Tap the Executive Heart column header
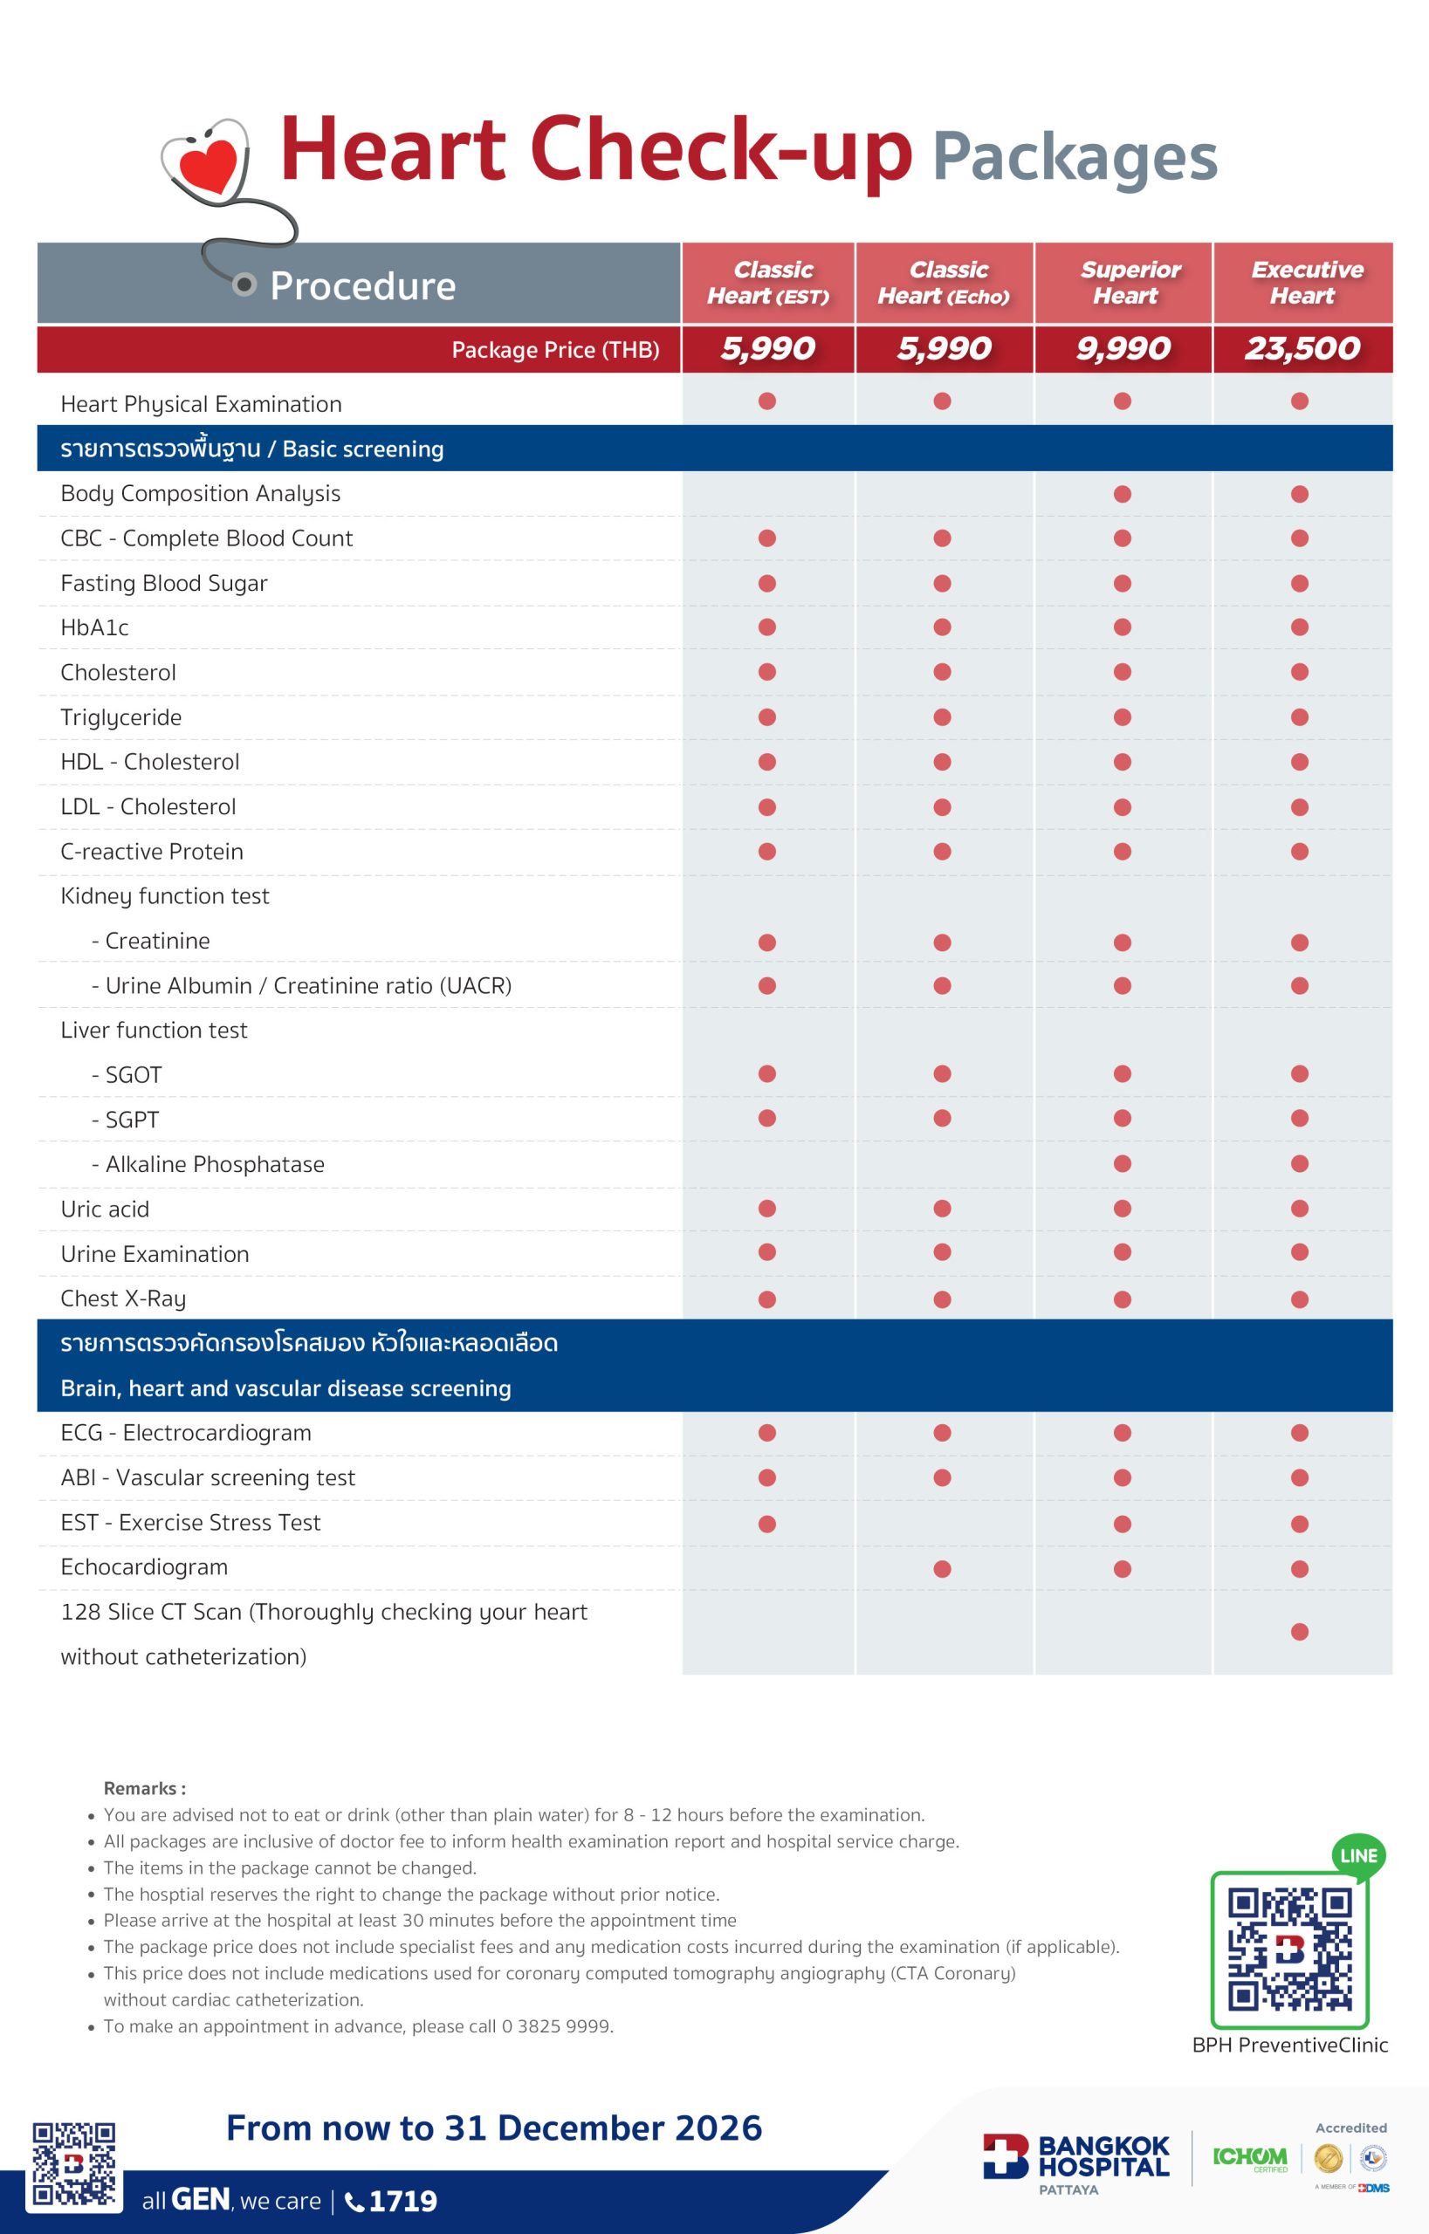pos(1305,283)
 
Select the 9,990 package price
pos(1123,349)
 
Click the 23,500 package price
pos(1302,349)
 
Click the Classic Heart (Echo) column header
pos(945,283)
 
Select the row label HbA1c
pos(94,628)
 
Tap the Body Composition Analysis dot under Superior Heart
pos(1122,494)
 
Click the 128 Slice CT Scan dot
pos(1299,1632)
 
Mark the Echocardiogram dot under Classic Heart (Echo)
pos(942,1569)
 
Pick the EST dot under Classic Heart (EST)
pos(766,1525)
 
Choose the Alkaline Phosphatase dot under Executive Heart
pos(1299,1164)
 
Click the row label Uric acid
pos(105,1210)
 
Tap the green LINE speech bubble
pos(1358,1856)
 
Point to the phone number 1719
pos(402,2202)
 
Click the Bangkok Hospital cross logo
pos(1006,2157)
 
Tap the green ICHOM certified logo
pos(1250,2158)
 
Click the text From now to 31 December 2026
pos(494,2128)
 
